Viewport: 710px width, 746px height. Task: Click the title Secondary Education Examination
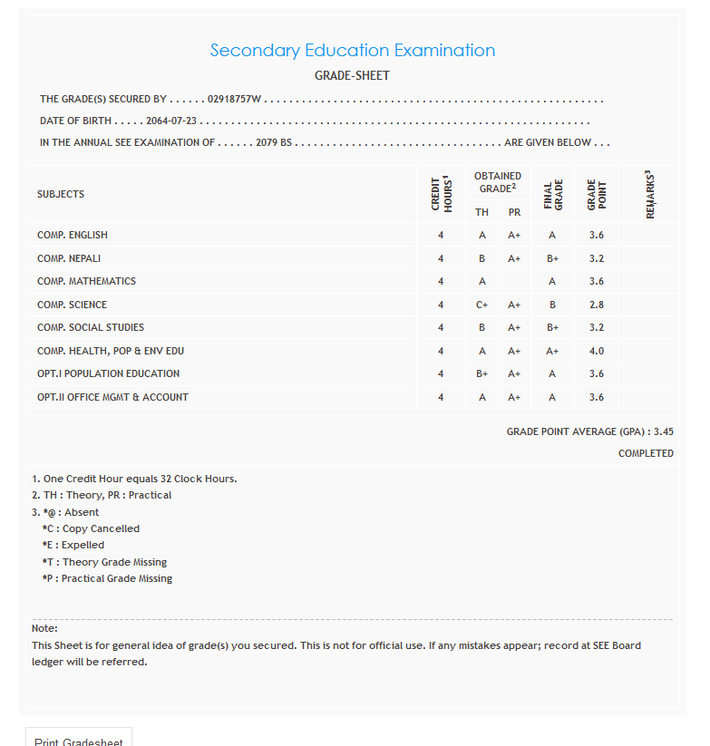point(353,51)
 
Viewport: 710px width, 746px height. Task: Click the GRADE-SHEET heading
point(352,76)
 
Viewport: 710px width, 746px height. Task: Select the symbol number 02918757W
point(234,99)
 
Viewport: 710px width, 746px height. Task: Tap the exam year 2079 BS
point(274,142)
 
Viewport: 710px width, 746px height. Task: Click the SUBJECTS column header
point(61,194)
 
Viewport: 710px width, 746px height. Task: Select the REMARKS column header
point(650,194)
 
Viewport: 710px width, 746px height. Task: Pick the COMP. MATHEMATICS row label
point(86,281)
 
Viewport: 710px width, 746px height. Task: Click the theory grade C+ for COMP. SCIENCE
point(482,305)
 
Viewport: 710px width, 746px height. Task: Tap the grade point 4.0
point(596,351)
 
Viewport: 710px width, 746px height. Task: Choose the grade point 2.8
point(596,305)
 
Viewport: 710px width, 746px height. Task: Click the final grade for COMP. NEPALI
point(552,258)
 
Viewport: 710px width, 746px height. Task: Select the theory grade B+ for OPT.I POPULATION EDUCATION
point(482,373)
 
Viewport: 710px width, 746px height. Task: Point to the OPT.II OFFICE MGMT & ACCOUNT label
point(112,397)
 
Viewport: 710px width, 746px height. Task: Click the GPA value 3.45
point(663,432)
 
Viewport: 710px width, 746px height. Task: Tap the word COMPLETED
point(646,453)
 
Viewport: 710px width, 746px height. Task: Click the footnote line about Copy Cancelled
point(91,528)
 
